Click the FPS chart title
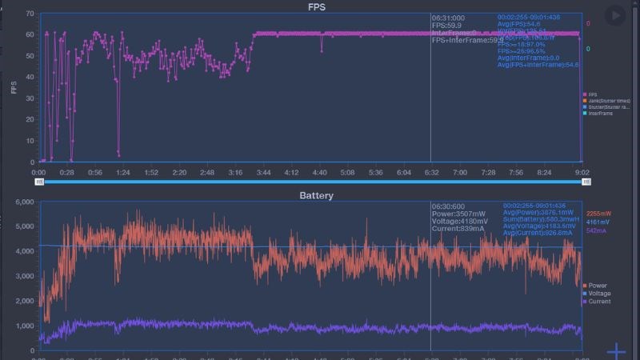click(319, 7)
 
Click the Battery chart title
click(316, 195)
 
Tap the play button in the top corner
click(614, 15)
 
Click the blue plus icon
click(615, 351)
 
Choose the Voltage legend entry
click(600, 294)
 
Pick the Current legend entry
click(600, 302)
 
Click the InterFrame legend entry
click(601, 113)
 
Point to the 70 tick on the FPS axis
click(30, 14)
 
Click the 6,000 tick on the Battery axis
click(24, 202)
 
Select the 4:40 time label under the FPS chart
click(319, 172)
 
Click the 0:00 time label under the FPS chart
click(38, 172)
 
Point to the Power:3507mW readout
click(458, 214)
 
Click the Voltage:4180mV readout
click(460, 221)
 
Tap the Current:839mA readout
click(458, 229)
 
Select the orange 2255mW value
click(599, 214)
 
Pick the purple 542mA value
click(596, 230)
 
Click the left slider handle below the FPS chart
click(39, 182)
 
